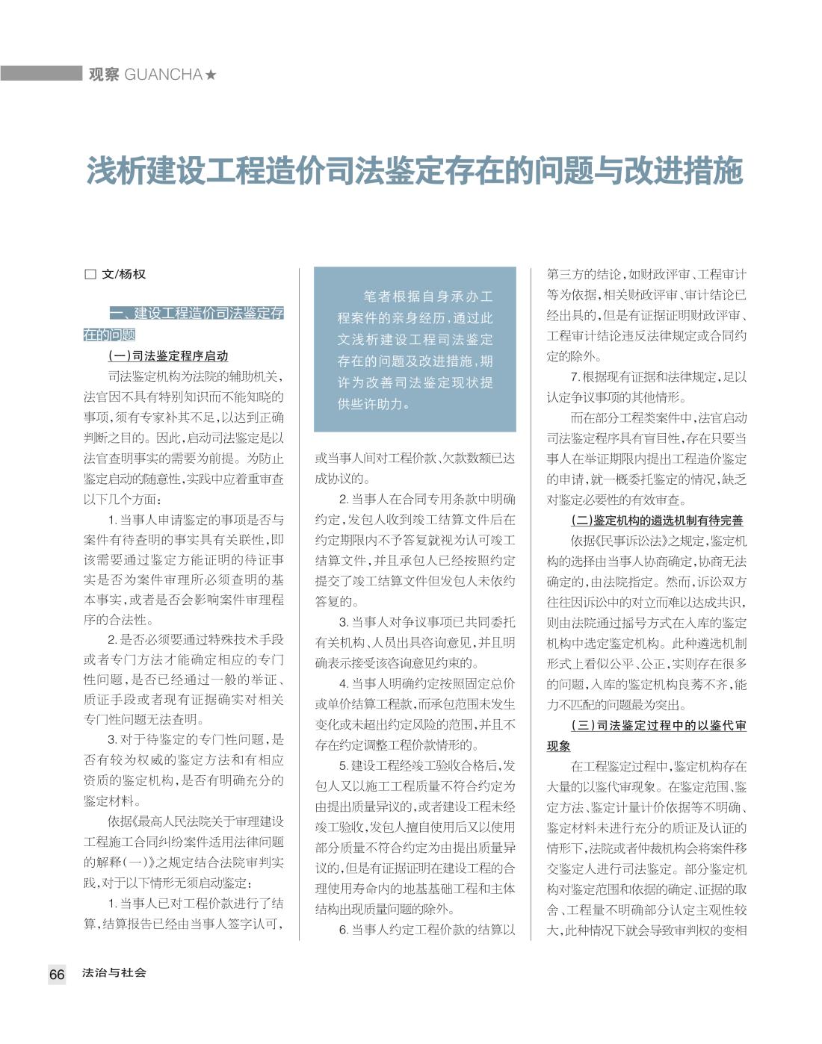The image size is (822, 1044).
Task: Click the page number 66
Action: (57, 975)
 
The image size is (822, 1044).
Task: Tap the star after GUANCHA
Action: (211, 75)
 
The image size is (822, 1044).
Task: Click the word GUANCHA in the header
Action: (164, 75)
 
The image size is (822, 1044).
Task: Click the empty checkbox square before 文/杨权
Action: (90, 274)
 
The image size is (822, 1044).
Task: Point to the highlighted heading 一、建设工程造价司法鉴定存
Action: (196, 313)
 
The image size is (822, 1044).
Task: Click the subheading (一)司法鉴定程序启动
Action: (168, 355)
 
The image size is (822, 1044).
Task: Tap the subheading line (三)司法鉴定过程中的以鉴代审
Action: (658, 725)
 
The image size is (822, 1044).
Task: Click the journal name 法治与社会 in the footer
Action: (114, 973)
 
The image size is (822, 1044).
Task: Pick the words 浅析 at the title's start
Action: (111, 171)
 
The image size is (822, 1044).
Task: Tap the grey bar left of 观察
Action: (40, 73)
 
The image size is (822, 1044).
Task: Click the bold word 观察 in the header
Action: (103, 75)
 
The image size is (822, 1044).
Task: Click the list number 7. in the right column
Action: (575, 377)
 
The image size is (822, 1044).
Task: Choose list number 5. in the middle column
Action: (344, 765)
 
